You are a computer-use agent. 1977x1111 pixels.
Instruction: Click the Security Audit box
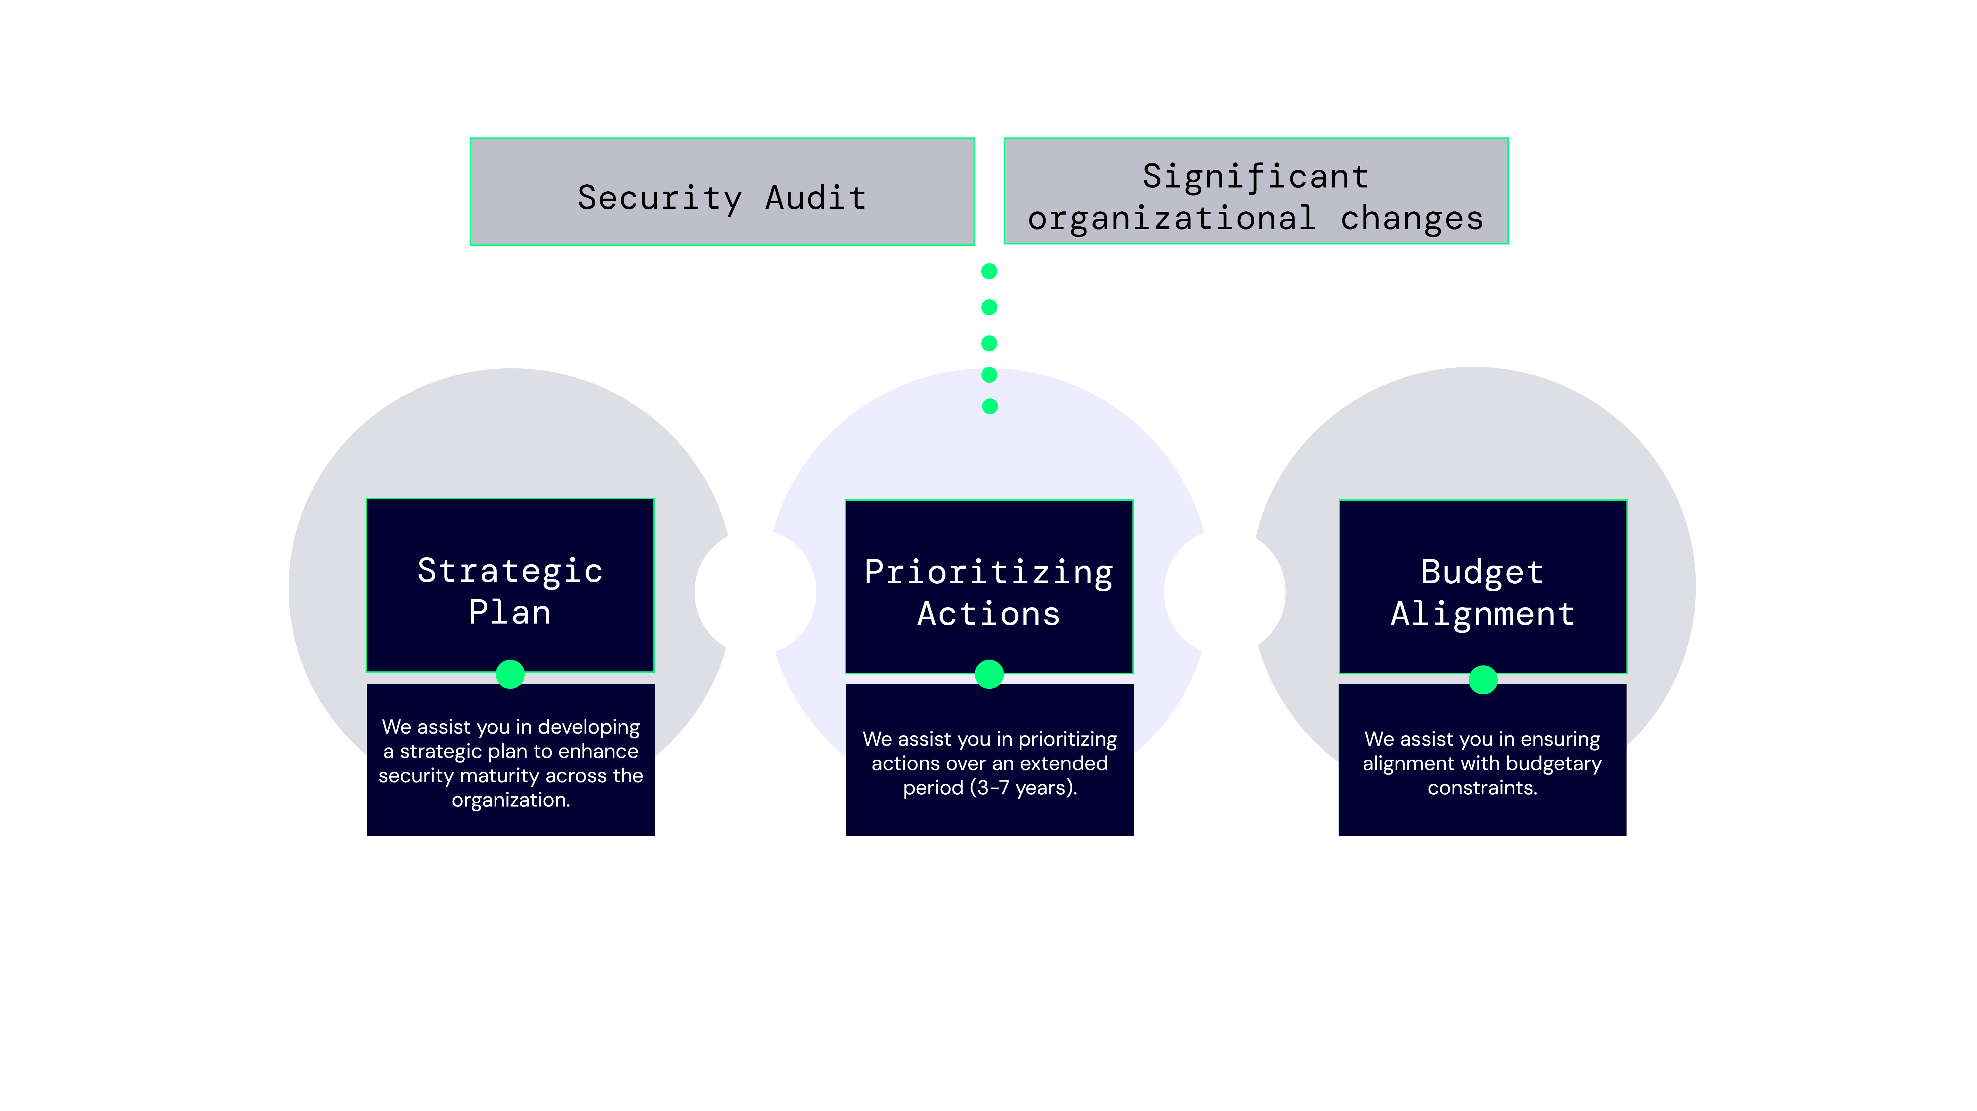(721, 192)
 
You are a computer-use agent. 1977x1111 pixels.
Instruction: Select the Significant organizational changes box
(1256, 192)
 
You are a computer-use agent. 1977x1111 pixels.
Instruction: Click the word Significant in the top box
(1256, 176)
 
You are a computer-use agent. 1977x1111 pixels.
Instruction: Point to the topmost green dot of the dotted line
(989, 271)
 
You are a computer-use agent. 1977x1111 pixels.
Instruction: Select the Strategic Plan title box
(510, 585)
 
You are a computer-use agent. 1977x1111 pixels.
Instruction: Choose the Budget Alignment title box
(1483, 587)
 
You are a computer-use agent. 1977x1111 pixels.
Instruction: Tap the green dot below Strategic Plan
(510, 675)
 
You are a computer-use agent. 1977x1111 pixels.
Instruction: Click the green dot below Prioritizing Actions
(989, 675)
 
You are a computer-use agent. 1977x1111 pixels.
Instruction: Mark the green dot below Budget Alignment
(1483, 680)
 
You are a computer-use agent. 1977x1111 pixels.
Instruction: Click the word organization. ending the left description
(510, 800)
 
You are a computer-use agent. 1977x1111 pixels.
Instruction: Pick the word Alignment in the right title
(1483, 614)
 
